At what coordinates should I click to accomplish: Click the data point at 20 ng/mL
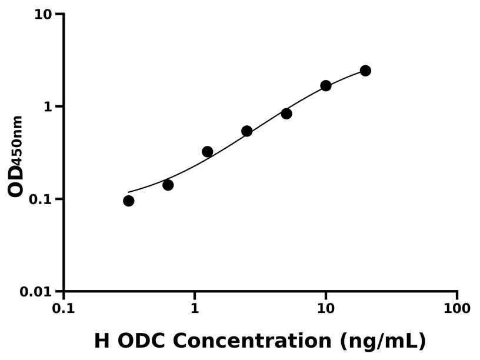click(x=365, y=71)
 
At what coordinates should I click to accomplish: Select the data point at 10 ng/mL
click(x=326, y=86)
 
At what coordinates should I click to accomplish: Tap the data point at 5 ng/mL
click(x=286, y=114)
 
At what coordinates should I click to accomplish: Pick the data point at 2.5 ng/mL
click(x=247, y=131)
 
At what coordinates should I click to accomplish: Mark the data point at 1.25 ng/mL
click(x=208, y=152)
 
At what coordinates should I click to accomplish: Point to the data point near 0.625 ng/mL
click(x=168, y=185)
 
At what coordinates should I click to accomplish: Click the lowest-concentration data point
click(x=129, y=201)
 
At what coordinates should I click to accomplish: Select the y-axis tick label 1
click(x=49, y=106)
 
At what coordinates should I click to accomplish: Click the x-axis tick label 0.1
click(x=64, y=309)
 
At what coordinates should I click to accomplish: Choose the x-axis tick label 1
click(x=195, y=309)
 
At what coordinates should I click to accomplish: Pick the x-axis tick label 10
click(x=326, y=309)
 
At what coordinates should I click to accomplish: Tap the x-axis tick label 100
click(x=457, y=309)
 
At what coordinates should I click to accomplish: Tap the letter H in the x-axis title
click(x=102, y=341)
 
